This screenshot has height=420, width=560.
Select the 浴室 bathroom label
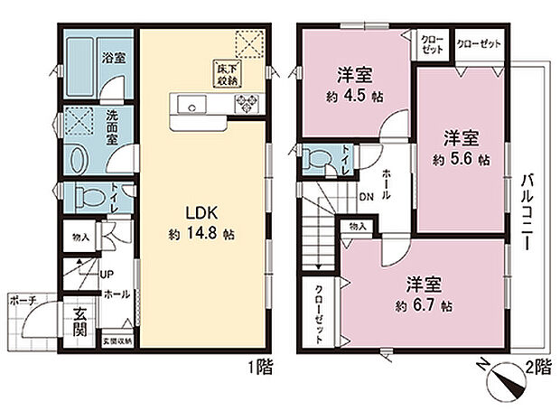[112, 57]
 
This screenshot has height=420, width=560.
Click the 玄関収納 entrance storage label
[117, 341]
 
